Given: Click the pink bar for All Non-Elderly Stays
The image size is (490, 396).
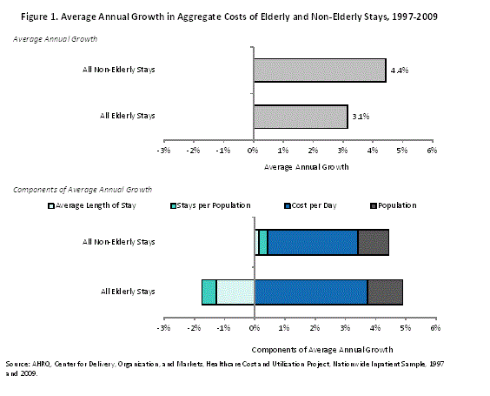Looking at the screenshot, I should point(319,70).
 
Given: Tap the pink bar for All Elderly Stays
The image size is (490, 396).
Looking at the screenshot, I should point(300,117).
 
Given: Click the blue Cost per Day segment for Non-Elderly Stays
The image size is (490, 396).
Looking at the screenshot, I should point(313,242).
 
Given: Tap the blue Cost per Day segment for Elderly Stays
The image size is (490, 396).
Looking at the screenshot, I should point(310,292).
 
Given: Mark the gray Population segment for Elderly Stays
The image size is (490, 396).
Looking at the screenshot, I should point(385,292).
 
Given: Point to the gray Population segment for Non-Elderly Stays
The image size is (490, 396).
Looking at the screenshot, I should point(373,242).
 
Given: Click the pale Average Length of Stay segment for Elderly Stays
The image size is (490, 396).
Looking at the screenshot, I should point(235,292).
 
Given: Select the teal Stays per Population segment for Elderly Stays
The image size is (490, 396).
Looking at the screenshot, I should point(209,292).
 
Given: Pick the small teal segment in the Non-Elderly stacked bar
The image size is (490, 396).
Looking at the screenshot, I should point(263,242).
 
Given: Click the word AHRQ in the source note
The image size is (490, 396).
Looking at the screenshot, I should point(38,362).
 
